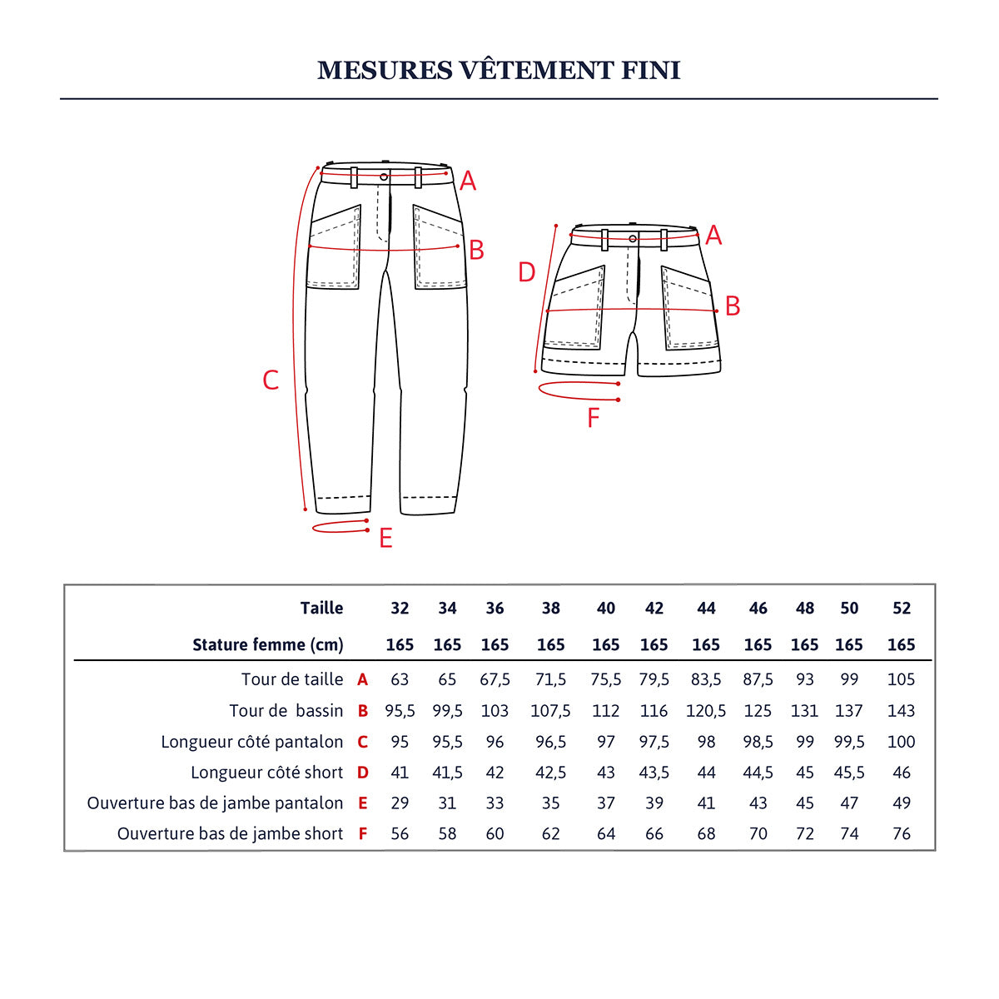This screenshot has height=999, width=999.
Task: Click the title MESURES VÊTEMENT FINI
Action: click(x=499, y=70)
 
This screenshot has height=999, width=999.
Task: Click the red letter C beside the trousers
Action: click(x=271, y=380)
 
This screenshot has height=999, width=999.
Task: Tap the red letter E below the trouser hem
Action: click(x=385, y=539)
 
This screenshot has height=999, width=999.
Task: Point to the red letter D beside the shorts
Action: click(x=526, y=272)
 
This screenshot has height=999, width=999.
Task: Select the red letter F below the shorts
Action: click(x=593, y=418)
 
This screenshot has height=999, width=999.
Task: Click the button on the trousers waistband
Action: click(x=384, y=176)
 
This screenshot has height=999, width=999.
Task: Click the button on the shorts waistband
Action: click(x=633, y=239)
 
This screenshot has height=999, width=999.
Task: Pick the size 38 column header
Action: click(x=550, y=609)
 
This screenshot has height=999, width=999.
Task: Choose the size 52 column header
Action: click(x=902, y=609)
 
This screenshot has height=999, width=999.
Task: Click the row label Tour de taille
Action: click(x=292, y=679)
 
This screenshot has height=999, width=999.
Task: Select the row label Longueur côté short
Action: click(x=266, y=773)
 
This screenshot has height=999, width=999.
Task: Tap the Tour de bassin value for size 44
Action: click(x=706, y=711)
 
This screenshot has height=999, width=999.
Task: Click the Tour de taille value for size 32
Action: click(x=400, y=679)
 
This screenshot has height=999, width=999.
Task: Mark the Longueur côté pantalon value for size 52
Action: click(x=902, y=742)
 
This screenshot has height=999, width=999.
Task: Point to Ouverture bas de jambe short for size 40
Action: click(x=606, y=834)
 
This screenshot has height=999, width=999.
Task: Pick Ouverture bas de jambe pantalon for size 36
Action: click(x=495, y=803)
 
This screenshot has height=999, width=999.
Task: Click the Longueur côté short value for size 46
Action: click(x=758, y=773)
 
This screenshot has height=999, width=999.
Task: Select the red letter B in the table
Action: click(x=362, y=711)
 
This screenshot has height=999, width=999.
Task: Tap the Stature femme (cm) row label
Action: click(x=267, y=645)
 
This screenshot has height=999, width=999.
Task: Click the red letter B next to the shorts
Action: click(x=733, y=306)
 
